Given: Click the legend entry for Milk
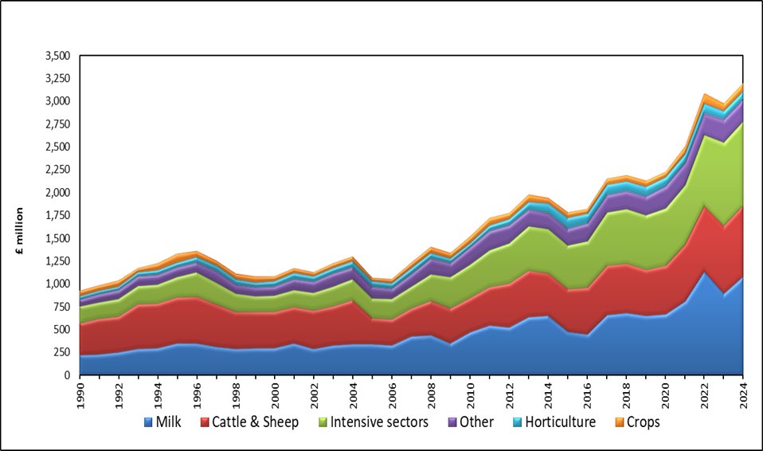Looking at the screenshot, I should pos(165,422).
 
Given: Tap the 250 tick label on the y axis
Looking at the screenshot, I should pos(61,352).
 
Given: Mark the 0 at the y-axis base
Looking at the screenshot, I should pos(68,375).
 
